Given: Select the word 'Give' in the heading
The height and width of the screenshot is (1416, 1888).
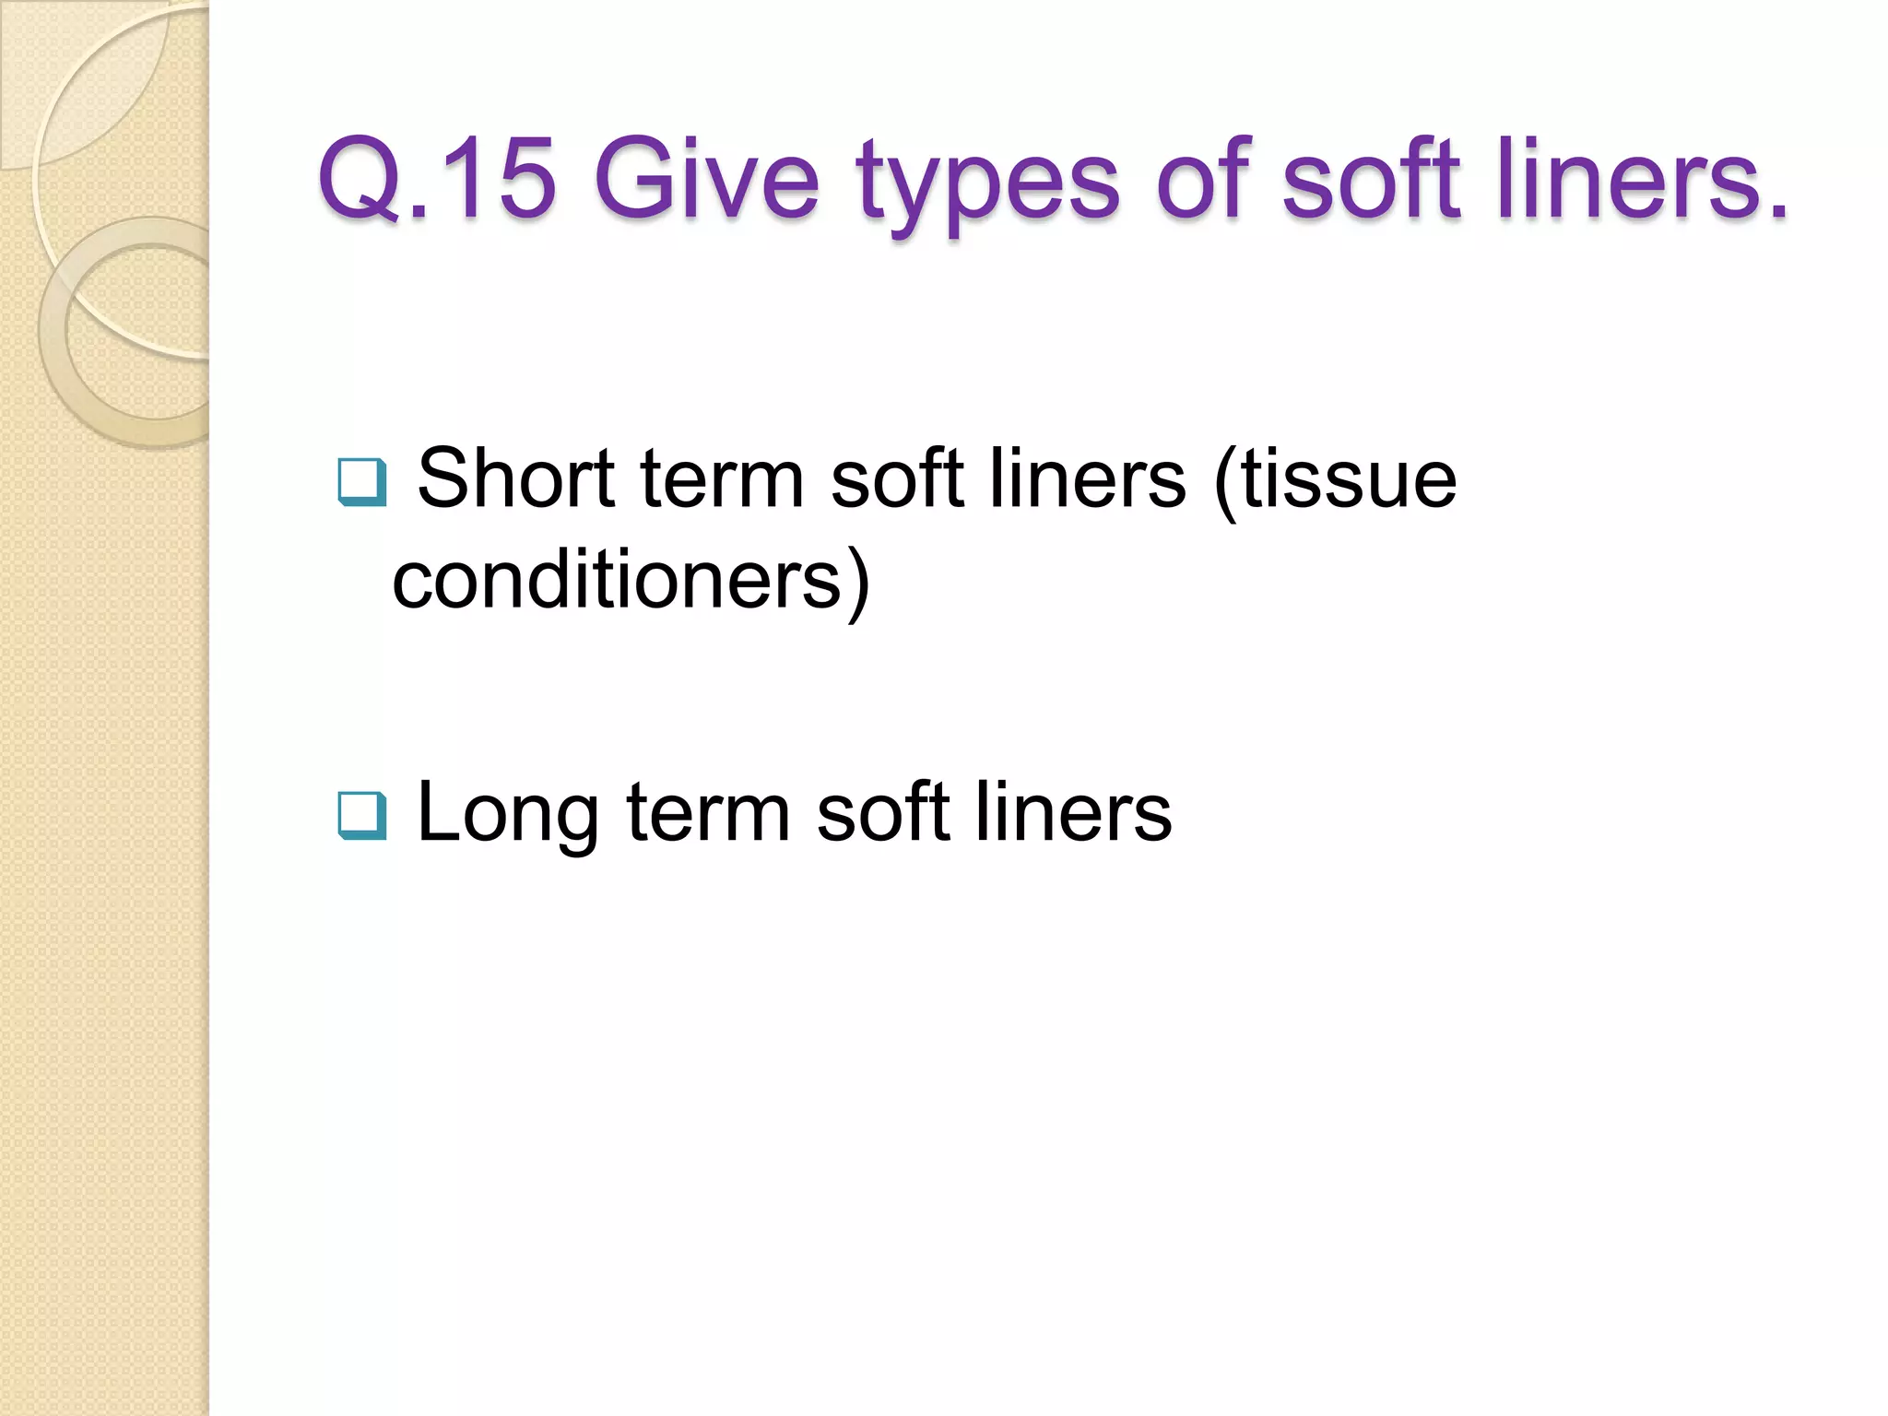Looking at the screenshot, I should point(706,179).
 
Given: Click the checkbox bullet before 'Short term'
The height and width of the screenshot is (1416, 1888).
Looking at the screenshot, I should point(361,482).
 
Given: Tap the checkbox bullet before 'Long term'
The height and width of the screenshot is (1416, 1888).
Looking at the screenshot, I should point(361,815).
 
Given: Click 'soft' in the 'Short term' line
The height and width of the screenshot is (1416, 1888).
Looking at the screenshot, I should point(897,478).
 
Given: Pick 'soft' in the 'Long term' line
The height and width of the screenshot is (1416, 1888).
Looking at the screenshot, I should point(883,812).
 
